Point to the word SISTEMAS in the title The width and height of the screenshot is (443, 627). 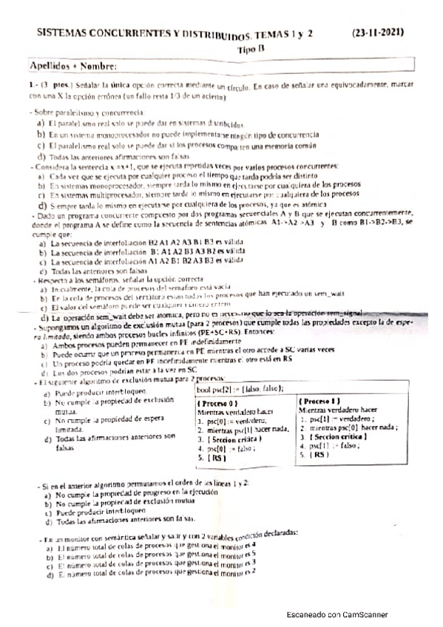(x=64, y=34)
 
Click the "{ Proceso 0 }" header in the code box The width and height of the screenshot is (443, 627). (x=223, y=404)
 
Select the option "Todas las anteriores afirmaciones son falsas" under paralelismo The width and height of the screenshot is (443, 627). (x=111, y=156)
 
